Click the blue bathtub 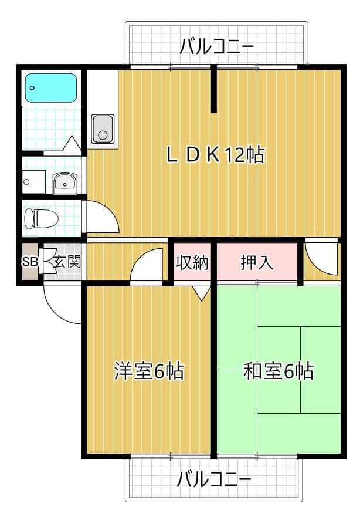51,88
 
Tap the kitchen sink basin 103,129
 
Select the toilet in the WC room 41,219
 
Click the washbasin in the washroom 64,183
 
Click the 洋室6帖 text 148,371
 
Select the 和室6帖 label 279,371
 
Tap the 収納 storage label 192,262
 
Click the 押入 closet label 257,262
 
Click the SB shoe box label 29,262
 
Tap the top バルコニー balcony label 217,45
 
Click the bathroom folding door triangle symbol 72,144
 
